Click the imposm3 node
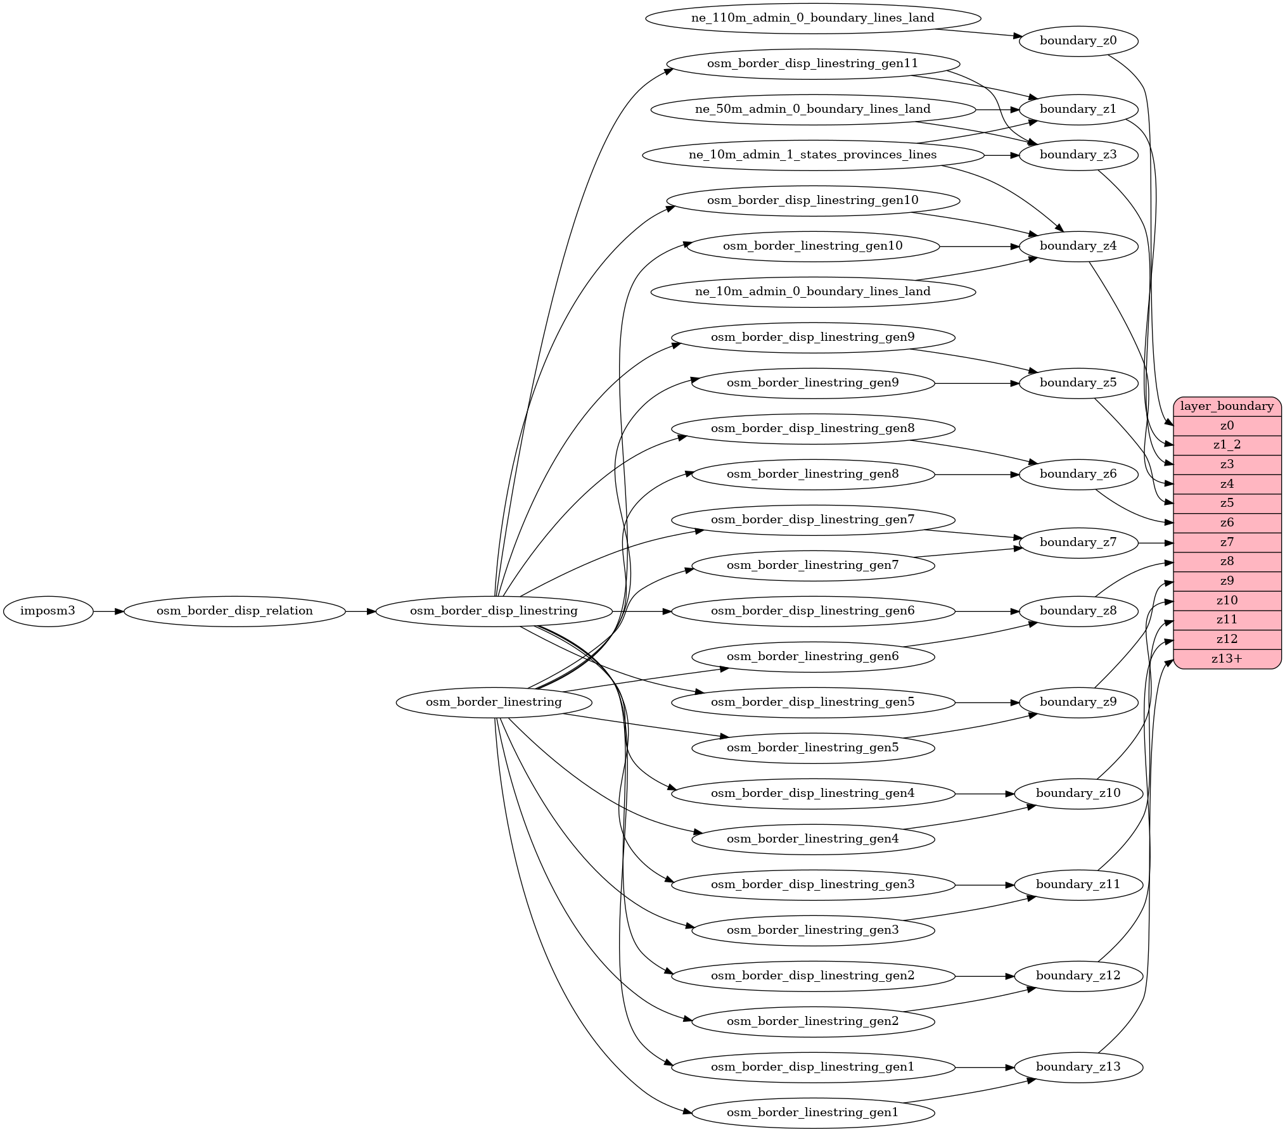pos(48,611)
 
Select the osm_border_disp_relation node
pos(234,611)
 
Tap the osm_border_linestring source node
pos(494,703)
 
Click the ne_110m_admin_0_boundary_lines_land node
pos(812,18)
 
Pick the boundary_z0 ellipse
pos(1078,41)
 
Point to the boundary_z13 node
pos(1078,1067)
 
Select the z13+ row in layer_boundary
pos(1227,659)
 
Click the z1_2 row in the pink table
pos(1227,445)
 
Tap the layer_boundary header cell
pos(1227,406)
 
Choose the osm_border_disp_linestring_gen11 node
pos(812,64)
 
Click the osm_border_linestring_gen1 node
pos(812,1113)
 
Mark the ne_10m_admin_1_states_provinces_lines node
pos(812,155)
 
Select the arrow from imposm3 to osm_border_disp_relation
pos(108,611)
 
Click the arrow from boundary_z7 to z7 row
pos(1156,543)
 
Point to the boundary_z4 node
pos(1078,246)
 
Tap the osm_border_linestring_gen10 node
pos(812,246)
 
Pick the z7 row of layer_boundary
pos(1227,542)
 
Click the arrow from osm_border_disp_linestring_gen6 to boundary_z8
pos(986,611)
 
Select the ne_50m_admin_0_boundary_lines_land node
pos(812,110)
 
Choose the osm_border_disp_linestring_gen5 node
pos(812,703)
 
